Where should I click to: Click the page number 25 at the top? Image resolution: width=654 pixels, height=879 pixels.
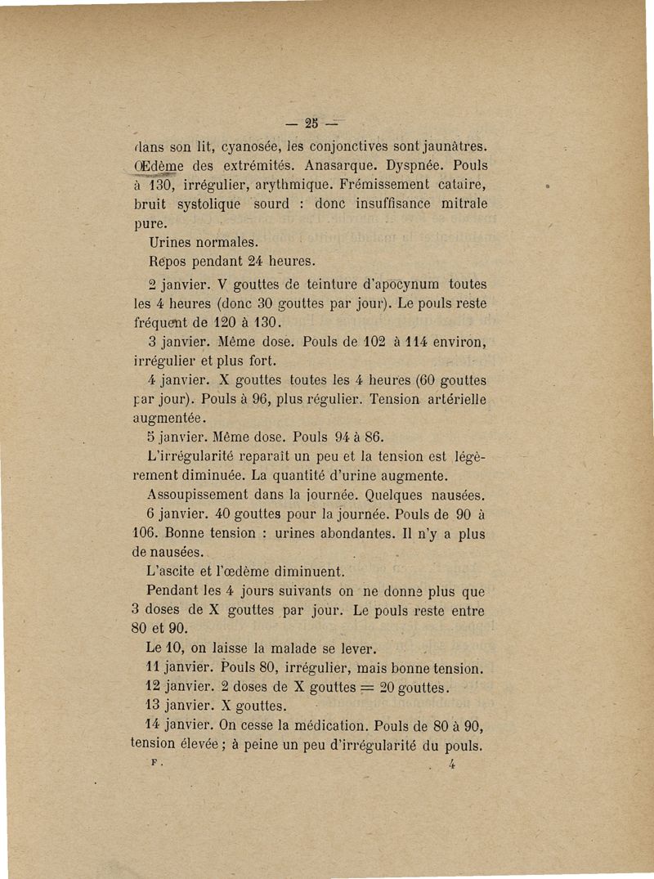(x=310, y=124)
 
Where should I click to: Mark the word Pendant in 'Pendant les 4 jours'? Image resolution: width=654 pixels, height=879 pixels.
(x=174, y=590)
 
